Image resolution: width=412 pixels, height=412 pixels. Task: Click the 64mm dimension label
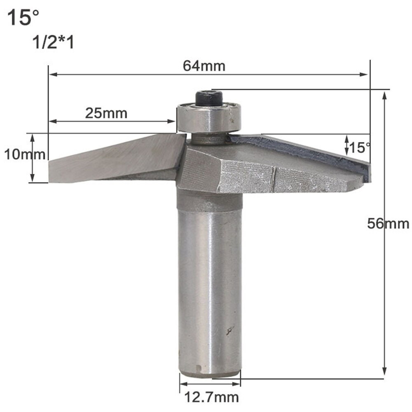coord(208,66)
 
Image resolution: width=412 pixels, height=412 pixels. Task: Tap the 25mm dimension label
coord(106,113)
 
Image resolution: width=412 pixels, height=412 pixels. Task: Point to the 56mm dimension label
coord(389,224)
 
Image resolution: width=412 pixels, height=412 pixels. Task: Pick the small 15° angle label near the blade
coord(360,146)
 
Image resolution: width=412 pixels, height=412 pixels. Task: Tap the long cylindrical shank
coord(210,288)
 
